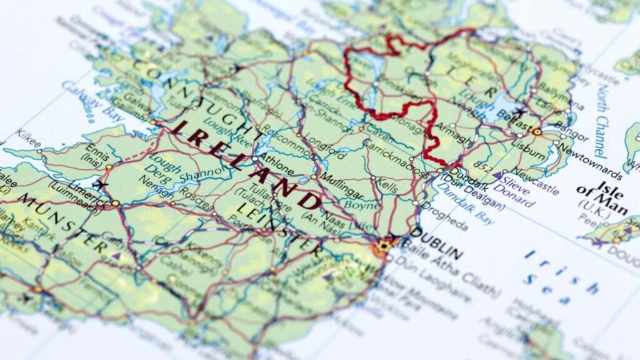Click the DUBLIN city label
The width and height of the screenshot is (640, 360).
(437, 242)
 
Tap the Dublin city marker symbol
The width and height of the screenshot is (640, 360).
(383, 246)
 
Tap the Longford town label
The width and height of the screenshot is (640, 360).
(324, 148)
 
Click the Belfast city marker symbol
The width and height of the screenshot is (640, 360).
(536, 131)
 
